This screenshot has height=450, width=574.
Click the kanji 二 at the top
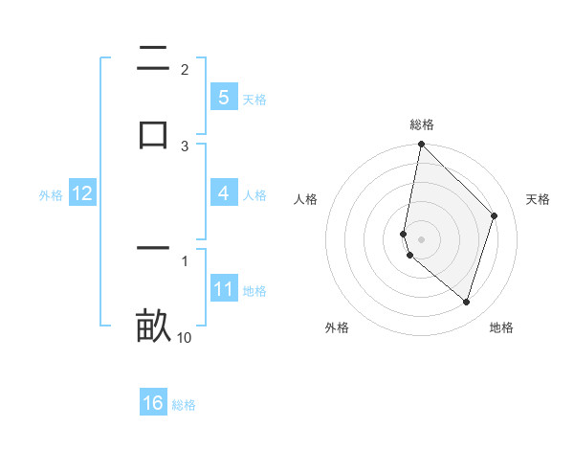tap(153, 60)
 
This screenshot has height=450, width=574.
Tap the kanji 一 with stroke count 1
tap(153, 249)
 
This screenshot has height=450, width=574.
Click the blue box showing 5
tap(223, 97)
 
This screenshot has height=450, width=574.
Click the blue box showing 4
tap(223, 193)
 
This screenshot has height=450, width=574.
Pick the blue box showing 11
tap(223, 289)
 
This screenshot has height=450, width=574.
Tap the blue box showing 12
tap(82, 193)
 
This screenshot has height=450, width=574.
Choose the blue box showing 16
tap(153, 403)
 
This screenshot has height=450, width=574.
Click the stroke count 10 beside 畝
tap(185, 337)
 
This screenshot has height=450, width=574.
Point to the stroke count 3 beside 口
tap(185, 146)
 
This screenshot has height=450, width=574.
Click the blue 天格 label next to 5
tap(254, 99)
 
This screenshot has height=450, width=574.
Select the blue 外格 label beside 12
tap(51, 194)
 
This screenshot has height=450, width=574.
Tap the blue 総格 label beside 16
tap(184, 405)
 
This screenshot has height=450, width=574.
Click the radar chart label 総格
tap(421, 124)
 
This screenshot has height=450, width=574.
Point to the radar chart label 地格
tap(501, 328)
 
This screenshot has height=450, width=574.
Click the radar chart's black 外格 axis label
tap(337, 328)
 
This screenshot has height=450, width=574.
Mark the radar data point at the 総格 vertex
tap(421, 144)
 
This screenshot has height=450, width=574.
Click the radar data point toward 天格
tap(495, 215)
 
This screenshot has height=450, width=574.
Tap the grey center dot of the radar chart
tap(421, 238)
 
